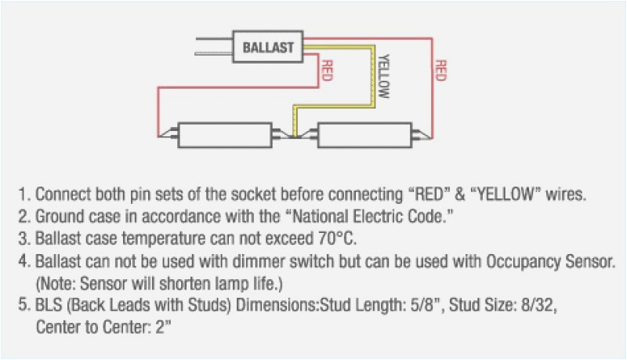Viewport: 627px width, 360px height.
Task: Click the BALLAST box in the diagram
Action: tap(268, 46)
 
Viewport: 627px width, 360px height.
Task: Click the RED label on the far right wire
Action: tap(440, 71)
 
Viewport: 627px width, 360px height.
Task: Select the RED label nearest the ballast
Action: tap(324, 71)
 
